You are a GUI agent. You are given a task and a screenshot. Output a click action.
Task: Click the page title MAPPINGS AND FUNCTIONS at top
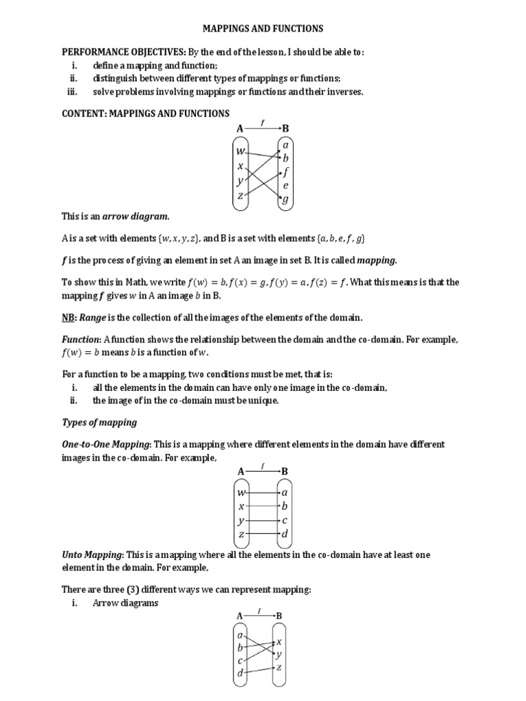263,29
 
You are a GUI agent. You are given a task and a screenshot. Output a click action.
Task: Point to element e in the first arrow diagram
285,186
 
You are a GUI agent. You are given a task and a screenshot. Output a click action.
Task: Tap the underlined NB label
68,318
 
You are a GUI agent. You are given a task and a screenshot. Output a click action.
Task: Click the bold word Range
94,318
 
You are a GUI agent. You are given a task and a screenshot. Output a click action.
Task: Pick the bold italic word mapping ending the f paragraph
376,260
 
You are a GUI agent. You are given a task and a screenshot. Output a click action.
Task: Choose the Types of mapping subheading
99,422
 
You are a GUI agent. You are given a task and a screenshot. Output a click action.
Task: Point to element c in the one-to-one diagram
285,520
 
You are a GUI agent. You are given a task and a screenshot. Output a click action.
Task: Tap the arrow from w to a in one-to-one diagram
263,492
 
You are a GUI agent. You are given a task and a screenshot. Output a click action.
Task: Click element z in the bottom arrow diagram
279,667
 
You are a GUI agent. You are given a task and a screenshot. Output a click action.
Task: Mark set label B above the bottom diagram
279,616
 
